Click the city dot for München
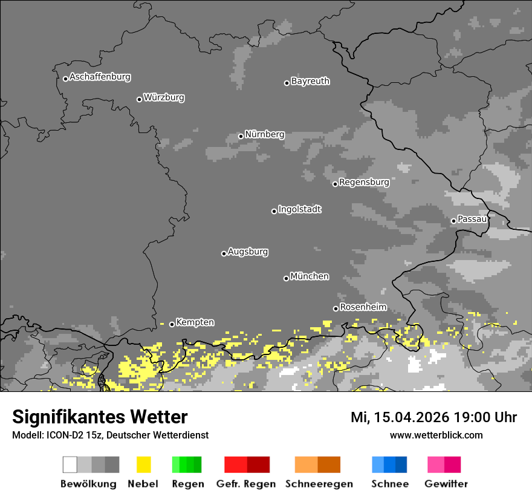(x=286, y=278)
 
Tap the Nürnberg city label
(x=265, y=134)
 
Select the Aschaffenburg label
(x=100, y=77)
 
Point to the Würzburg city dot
(x=139, y=99)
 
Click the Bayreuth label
(x=310, y=81)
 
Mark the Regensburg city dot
(x=335, y=184)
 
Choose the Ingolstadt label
(x=300, y=209)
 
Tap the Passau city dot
(x=453, y=221)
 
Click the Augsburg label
(x=248, y=252)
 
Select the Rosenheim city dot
(x=336, y=308)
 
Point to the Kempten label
(x=195, y=322)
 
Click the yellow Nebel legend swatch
(x=143, y=465)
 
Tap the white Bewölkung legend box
(x=70, y=465)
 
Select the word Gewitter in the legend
(x=446, y=484)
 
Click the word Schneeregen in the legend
(x=319, y=484)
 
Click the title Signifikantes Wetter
(x=100, y=417)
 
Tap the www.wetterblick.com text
(x=436, y=435)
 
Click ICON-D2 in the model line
(x=61, y=435)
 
